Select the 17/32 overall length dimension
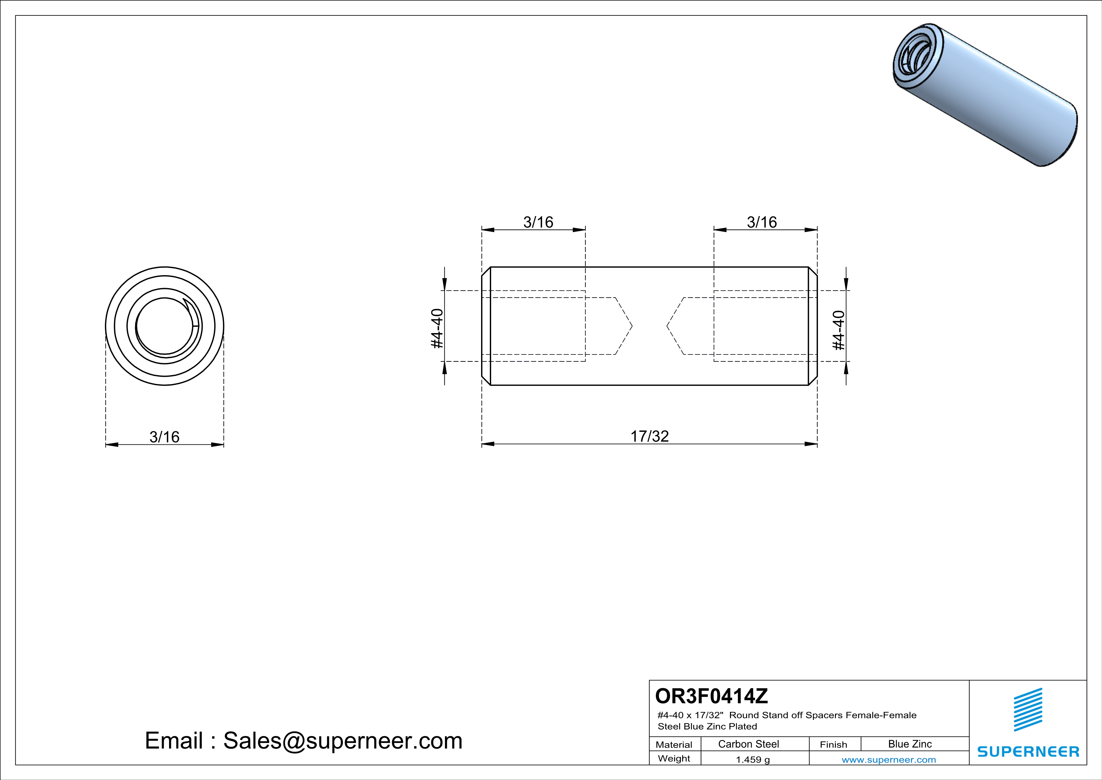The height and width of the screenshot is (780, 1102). point(650,436)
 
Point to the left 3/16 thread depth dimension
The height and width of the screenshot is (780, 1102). point(538,222)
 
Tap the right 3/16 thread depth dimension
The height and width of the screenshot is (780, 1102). point(762,222)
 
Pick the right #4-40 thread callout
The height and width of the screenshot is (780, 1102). point(838,331)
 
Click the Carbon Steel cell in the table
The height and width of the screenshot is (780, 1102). point(748,744)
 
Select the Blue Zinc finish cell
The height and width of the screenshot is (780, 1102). point(909,744)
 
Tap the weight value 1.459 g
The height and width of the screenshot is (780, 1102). point(753,759)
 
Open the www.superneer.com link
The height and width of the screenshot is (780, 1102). point(888,759)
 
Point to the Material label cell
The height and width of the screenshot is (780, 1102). point(674,744)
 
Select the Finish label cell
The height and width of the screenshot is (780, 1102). point(833,744)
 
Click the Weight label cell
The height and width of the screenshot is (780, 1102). point(674,758)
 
